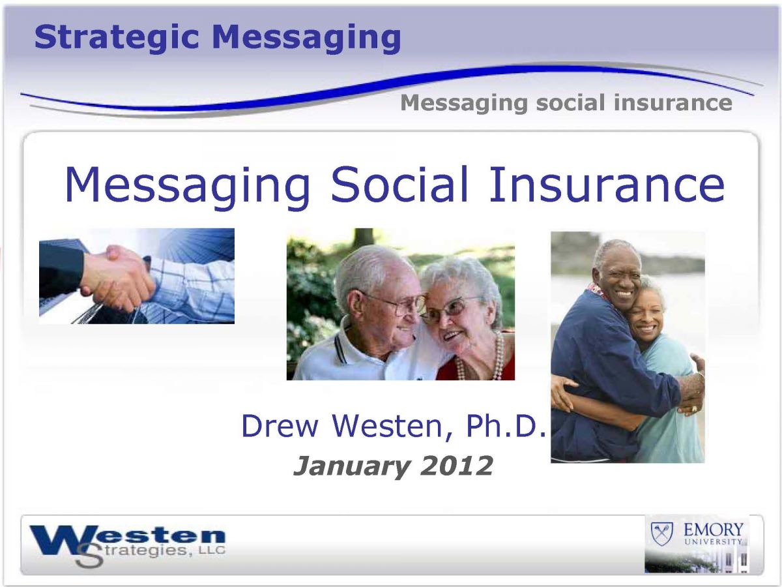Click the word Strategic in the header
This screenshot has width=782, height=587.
117,38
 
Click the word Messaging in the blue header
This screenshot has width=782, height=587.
306,38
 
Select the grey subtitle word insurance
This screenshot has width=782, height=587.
673,102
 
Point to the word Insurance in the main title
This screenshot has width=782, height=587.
607,185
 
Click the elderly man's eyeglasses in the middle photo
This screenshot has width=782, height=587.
396,305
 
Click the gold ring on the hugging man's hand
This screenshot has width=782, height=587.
695,409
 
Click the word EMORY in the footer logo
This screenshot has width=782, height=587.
713,530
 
